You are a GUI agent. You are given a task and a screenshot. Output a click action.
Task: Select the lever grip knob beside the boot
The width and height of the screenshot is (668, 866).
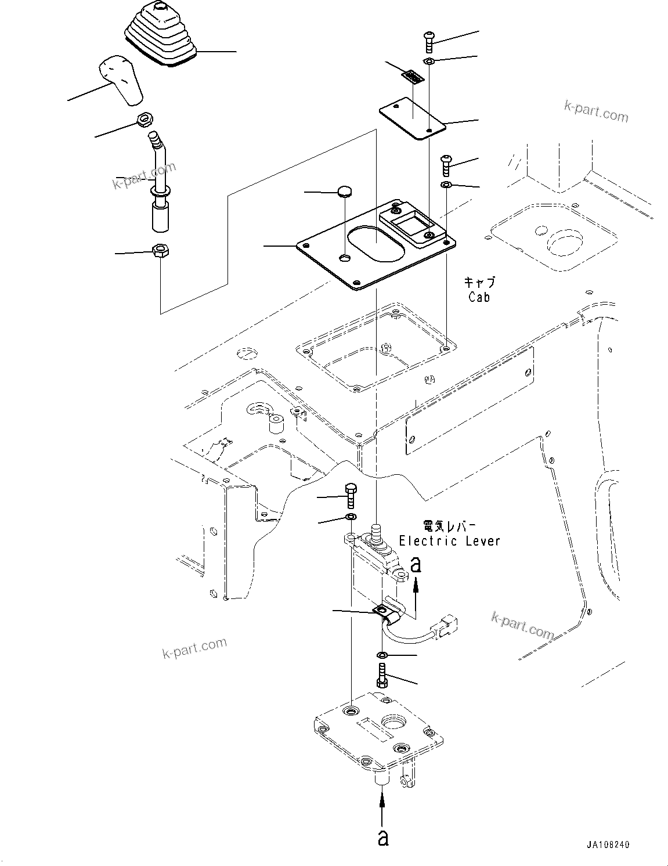[x=122, y=81]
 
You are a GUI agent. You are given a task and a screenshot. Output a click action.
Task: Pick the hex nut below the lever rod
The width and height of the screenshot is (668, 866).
[x=160, y=251]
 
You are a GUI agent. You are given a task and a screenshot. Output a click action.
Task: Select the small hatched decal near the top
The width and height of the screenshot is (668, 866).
[x=413, y=77]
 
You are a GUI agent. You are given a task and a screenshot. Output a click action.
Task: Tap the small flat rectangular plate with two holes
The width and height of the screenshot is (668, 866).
[x=411, y=120]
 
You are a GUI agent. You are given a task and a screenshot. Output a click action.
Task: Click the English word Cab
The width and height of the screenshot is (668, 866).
[x=479, y=297]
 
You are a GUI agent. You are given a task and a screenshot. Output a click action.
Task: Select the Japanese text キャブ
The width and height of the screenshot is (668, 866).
[x=479, y=283]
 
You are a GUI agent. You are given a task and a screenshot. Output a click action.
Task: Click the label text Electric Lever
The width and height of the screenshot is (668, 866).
[x=449, y=541]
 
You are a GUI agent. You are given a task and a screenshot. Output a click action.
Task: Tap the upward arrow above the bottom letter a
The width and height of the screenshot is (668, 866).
[x=382, y=806]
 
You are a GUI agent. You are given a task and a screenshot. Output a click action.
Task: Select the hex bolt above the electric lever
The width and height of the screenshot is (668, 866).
[x=350, y=495]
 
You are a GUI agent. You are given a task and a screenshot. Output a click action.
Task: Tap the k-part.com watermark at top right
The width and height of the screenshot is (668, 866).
[x=595, y=111]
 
